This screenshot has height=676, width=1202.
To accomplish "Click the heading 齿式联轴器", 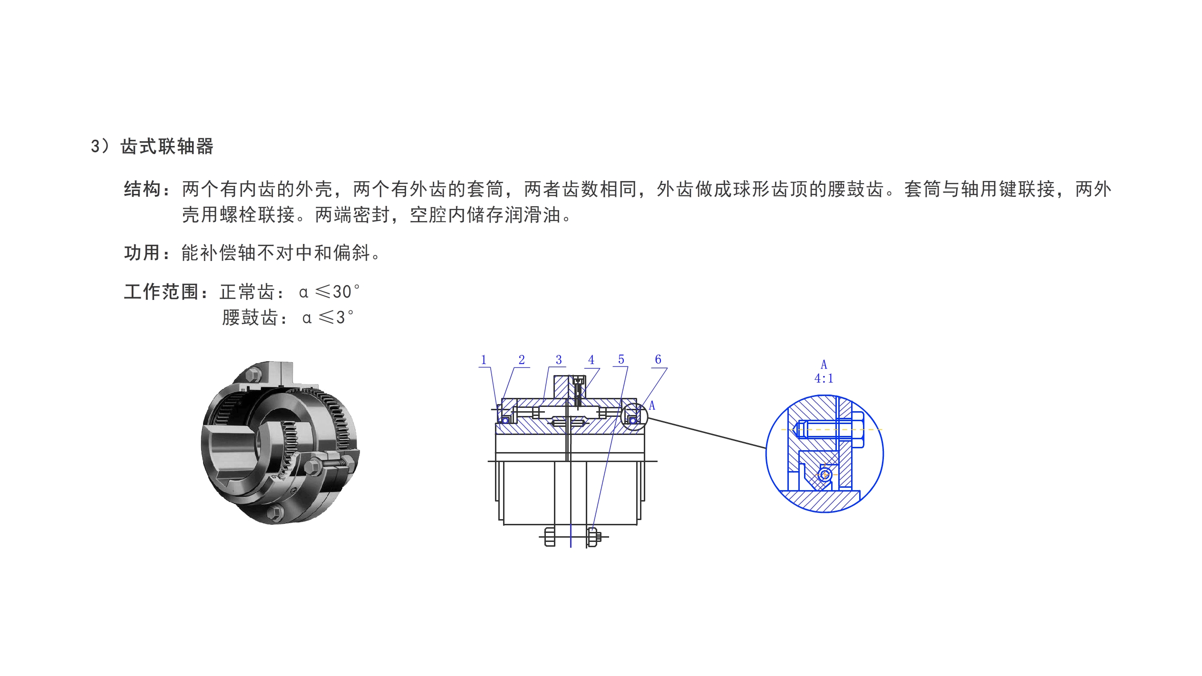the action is tap(167, 146).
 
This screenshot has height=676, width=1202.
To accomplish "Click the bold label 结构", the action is tap(142, 189).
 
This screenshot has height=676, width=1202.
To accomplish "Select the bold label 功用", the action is tap(142, 253).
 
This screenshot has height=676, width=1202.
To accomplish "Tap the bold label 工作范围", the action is tap(161, 292).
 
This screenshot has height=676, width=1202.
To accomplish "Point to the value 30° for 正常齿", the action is tap(346, 292).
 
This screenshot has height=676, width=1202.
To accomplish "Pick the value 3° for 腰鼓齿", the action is tap(345, 318).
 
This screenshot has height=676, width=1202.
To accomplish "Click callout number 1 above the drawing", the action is tap(484, 360).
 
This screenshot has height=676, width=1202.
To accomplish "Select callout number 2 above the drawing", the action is tap(522, 360).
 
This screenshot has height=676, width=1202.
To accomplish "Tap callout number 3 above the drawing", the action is tap(559, 360).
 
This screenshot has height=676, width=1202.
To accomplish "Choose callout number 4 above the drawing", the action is tap(591, 360).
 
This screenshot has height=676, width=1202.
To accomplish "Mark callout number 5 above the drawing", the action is tap(621, 360).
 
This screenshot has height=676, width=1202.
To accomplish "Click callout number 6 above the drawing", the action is tap(658, 359).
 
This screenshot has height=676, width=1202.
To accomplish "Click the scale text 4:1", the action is tap(824, 379).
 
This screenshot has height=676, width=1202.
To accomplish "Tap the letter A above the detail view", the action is tap(824, 365).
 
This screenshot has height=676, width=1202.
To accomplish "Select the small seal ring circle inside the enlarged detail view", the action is tap(825, 474).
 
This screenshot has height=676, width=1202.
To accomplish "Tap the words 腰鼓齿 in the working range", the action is tap(250, 318).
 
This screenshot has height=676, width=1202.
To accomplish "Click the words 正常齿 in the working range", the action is tap(247, 292).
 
